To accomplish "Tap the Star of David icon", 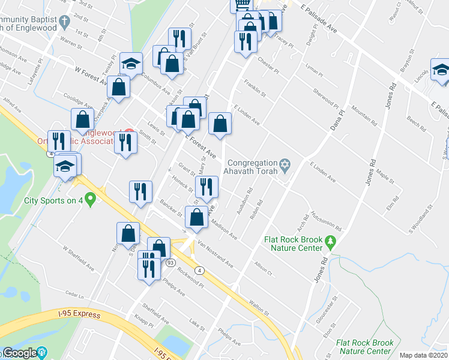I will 285,163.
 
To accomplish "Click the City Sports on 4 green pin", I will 90,198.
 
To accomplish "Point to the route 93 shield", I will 171,263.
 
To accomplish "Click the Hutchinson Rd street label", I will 327,221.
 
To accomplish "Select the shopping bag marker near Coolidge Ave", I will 82,120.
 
